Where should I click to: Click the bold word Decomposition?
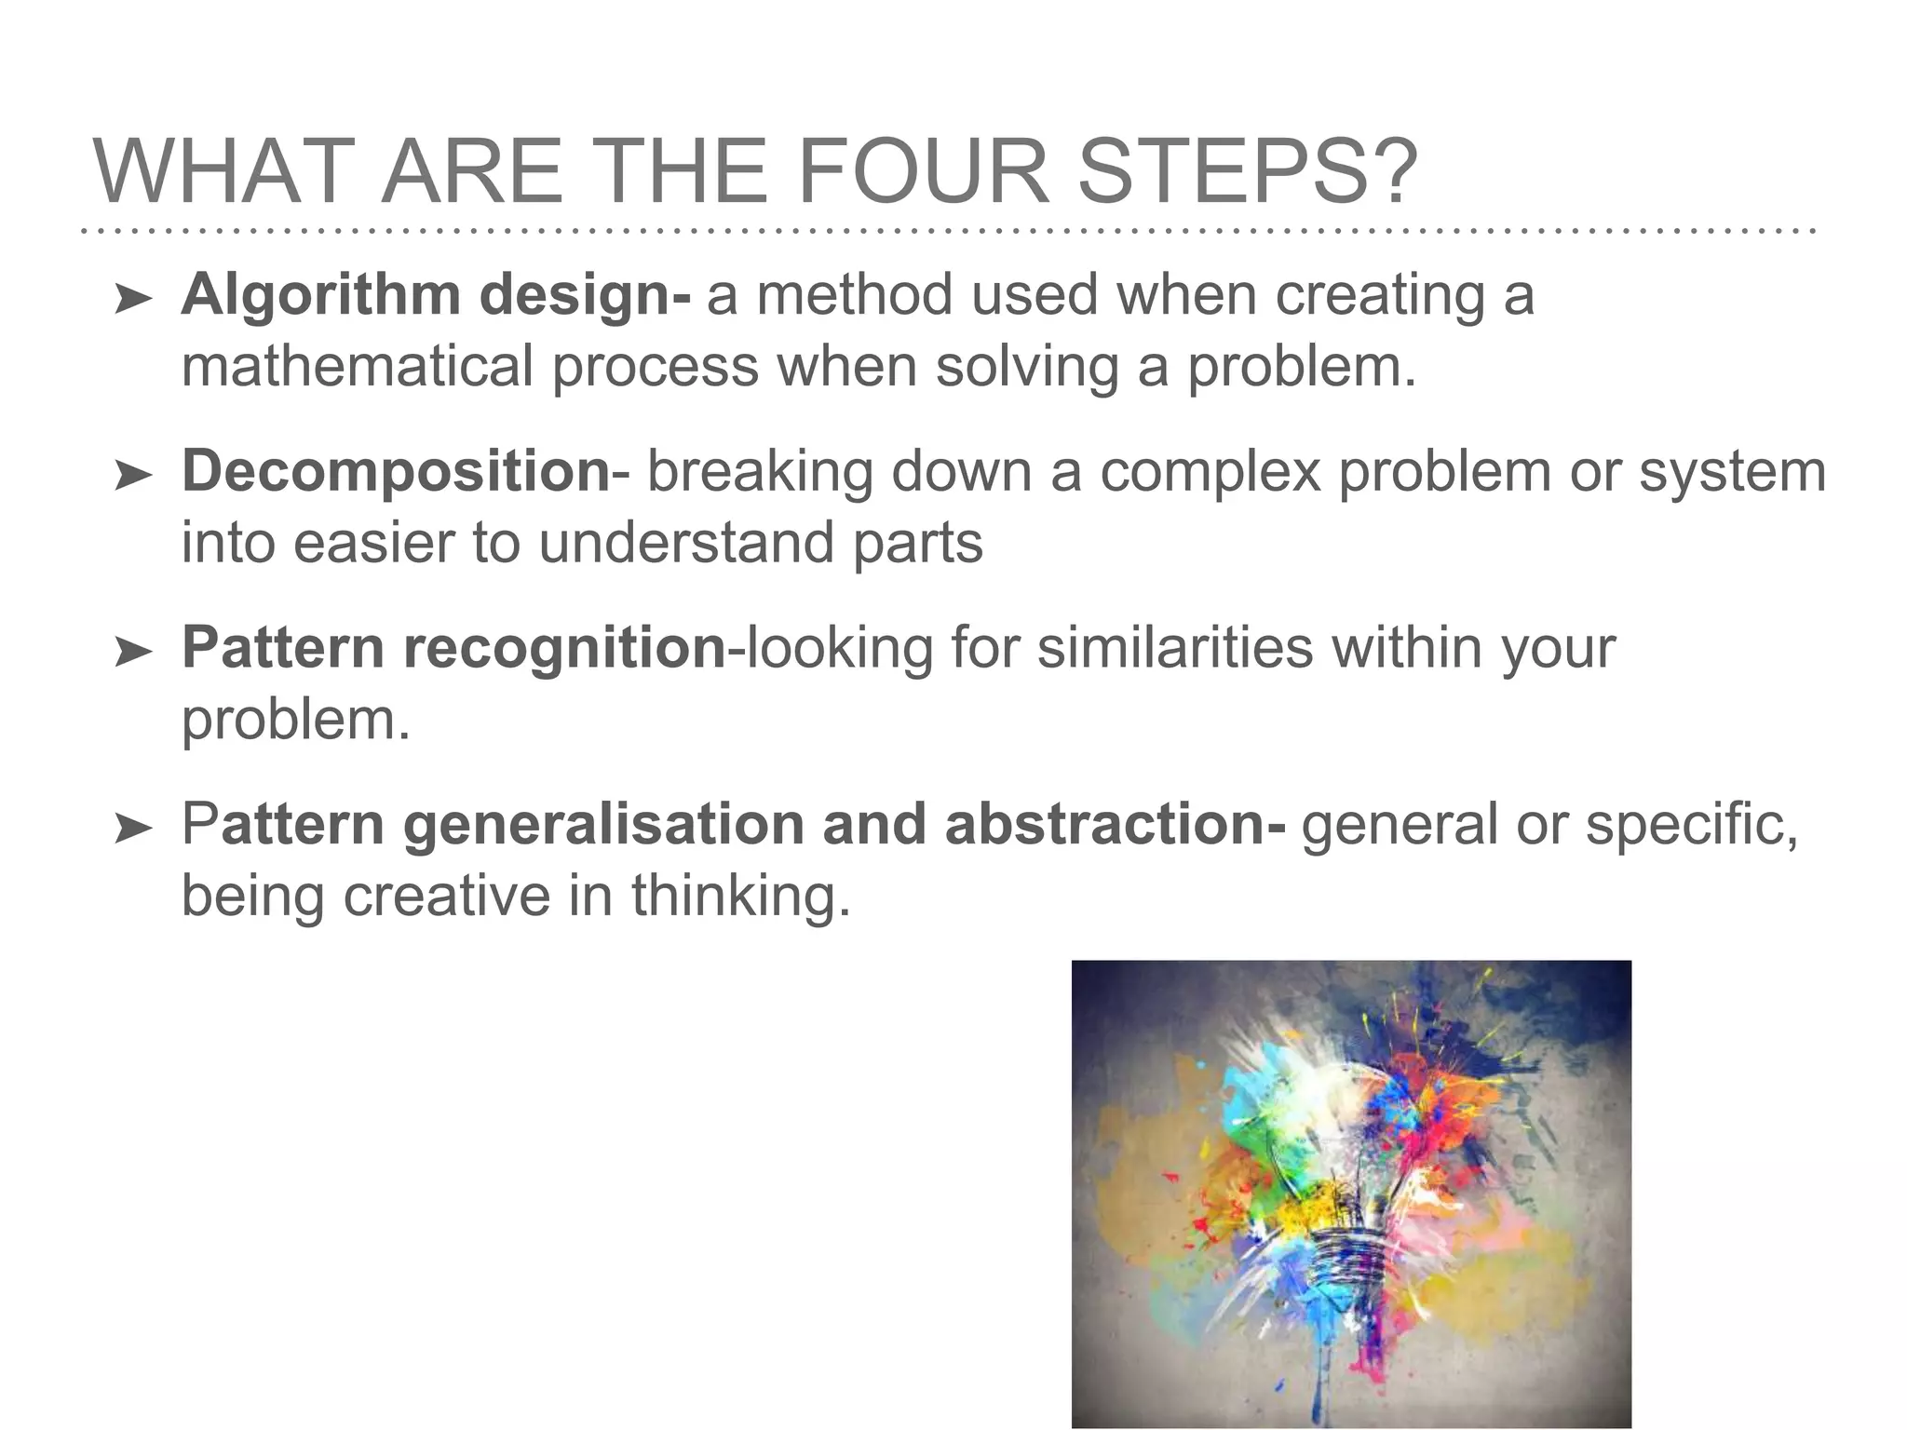coord(396,471)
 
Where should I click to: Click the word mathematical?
coord(357,366)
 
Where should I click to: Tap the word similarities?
coord(1175,648)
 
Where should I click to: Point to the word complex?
coord(1210,471)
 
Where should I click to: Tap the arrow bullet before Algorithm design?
coord(133,300)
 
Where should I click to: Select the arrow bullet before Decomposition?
coord(133,477)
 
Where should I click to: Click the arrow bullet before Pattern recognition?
coord(133,654)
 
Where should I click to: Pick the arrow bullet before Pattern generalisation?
coord(133,830)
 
